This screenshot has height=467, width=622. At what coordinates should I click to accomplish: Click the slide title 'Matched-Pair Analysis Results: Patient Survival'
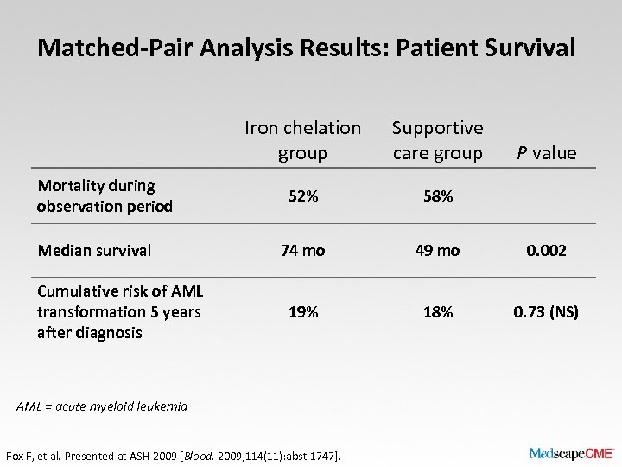tap(306, 48)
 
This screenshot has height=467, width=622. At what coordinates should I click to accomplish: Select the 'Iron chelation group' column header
tap(302, 140)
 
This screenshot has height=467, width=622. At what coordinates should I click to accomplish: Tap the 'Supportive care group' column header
tap(437, 140)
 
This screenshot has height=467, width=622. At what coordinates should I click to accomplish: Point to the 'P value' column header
tap(546, 153)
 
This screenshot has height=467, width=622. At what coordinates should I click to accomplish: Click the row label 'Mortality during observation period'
tap(105, 195)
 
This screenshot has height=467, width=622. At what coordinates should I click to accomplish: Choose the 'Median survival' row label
tap(94, 250)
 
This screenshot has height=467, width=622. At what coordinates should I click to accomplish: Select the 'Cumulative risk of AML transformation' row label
tap(118, 311)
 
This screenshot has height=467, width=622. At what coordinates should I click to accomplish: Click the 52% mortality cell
tap(302, 196)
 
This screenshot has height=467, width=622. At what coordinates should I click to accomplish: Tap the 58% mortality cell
tap(437, 196)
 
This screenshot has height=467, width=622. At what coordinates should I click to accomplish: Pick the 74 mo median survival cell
tap(302, 250)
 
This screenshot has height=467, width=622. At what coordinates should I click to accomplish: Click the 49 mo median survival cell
tap(437, 250)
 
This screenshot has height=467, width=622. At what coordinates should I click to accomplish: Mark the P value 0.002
tap(546, 250)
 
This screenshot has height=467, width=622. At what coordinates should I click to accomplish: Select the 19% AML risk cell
tap(302, 312)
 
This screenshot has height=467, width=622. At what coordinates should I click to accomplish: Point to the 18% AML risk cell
tap(437, 312)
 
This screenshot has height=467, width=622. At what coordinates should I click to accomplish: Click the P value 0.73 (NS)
tap(546, 312)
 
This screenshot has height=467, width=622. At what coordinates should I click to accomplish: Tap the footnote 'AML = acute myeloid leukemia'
tap(102, 406)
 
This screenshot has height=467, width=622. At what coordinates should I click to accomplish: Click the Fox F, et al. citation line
tap(173, 455)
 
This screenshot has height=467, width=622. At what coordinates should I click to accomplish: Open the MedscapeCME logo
tap(571, 453)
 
